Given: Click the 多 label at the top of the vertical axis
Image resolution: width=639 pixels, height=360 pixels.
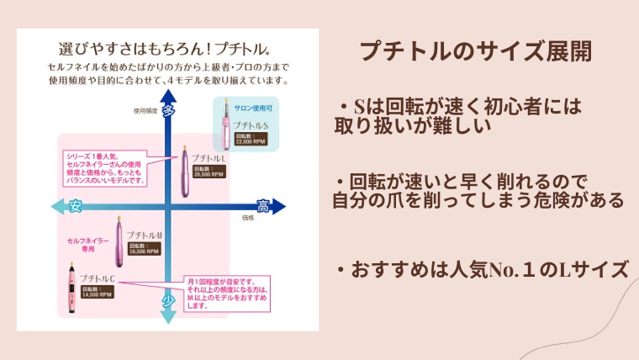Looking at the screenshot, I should coord(169,110).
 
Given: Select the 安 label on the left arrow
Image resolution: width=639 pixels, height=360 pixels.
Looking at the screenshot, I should coord(76,206).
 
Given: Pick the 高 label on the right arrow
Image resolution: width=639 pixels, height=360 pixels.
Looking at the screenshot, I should coord(263,206).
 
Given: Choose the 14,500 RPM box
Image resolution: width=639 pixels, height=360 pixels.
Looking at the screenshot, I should coord(97,292).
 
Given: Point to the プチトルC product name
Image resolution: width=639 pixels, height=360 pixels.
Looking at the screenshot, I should coord(97,278).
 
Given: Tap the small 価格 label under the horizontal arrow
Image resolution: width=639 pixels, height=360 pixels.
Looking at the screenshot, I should coord(247,218).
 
